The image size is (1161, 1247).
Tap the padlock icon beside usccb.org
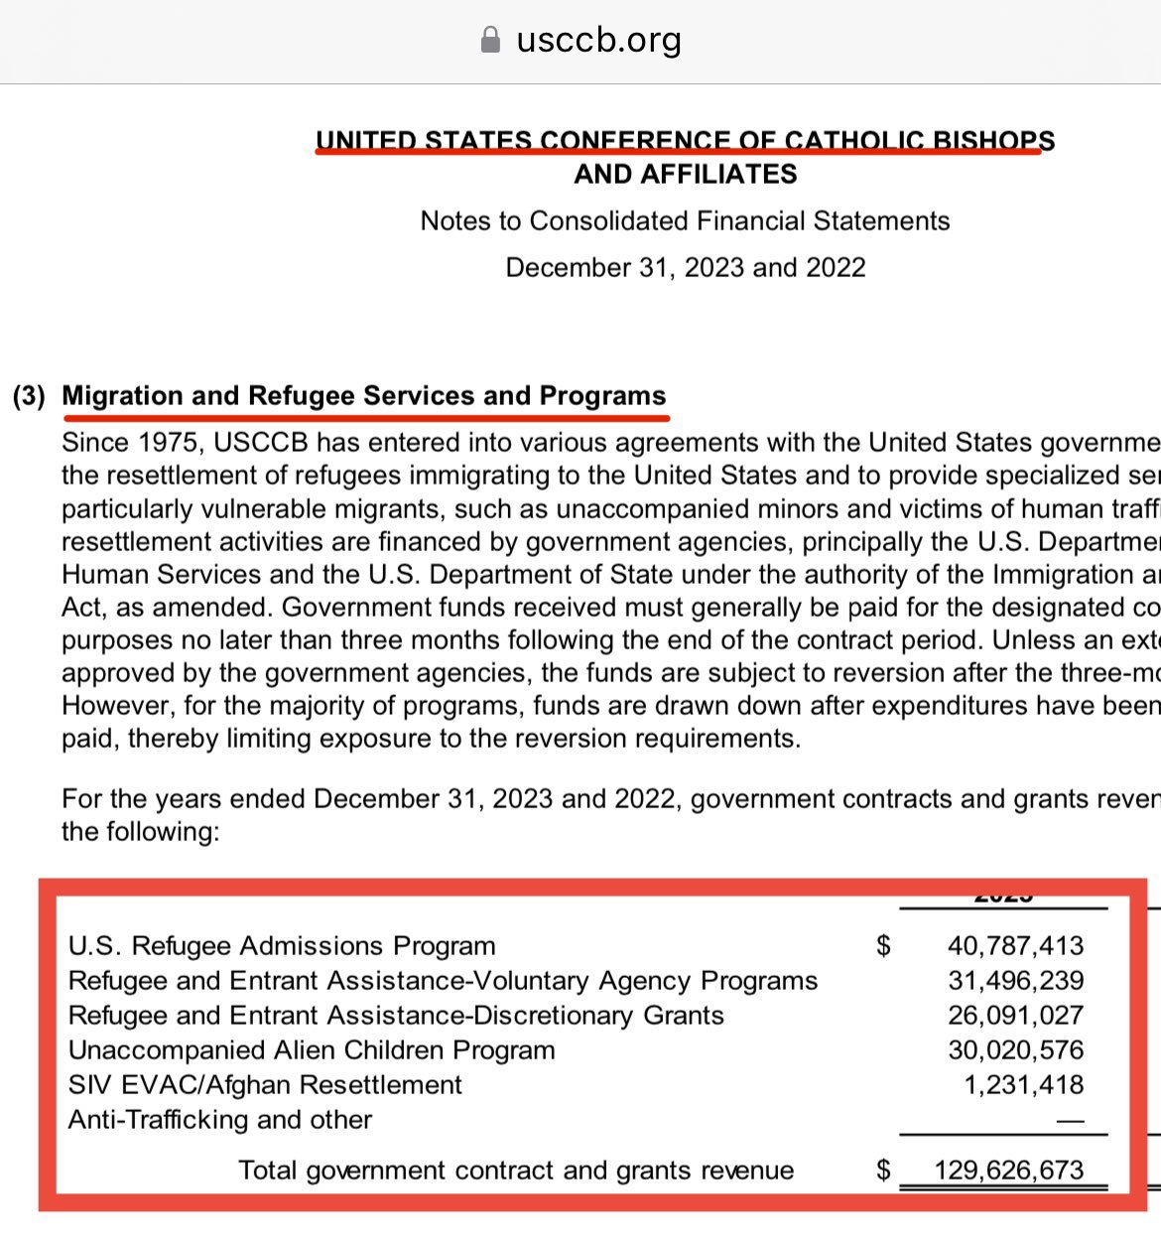pos(490,40)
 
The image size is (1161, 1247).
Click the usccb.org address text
pos(598,40)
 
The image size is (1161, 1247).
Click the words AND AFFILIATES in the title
pos(686,175)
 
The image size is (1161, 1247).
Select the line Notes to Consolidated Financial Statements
pos(685,220)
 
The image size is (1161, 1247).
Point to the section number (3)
pos(30,396)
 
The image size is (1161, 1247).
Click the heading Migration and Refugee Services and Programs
pos(364,396)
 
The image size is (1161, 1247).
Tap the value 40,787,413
pos(1015,945)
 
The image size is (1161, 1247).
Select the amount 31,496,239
pos(1015,980)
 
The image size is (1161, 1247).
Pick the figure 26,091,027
pos(1015,1015)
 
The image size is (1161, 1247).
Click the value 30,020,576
pos(1015,1049)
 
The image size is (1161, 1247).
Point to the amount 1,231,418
pos(1023,1084)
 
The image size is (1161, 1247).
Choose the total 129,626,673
pos(1008,1170)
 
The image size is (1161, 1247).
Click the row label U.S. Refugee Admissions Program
pos(282,945)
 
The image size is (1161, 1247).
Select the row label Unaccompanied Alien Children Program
pos(312,1049)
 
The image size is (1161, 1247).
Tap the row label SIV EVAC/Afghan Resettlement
pos(265,1084)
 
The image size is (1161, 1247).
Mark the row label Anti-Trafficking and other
pos(220,1119)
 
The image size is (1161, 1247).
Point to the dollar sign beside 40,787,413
pos(883,946)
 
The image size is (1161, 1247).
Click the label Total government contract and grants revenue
pos(516,1170)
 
